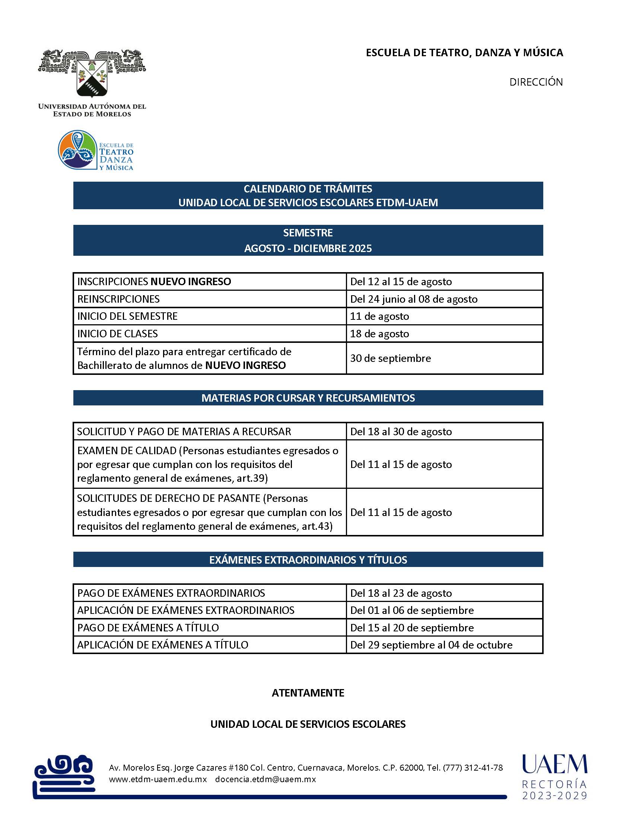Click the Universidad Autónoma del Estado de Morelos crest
[92, 74]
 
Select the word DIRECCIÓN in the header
[536, 82]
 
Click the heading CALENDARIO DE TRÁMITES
[308, 189]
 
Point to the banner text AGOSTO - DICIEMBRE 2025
[308, 248]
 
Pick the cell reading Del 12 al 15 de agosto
[401, 282]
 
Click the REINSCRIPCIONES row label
[118, 299]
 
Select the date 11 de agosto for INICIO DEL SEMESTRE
[379, 316]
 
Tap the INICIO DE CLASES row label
[117, 334]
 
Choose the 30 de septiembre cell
[390, 358]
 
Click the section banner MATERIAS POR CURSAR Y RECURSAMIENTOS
[308, 398]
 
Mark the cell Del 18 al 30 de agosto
[401, 431]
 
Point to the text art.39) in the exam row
[252, 478]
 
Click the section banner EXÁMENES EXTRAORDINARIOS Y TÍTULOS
[308, 560]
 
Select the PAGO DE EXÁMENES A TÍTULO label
[148, 628]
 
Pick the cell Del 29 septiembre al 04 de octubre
[431, 645]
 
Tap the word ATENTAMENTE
[308, 693]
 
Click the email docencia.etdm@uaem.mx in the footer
[265, 779]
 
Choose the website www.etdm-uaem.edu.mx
[158, 779]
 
